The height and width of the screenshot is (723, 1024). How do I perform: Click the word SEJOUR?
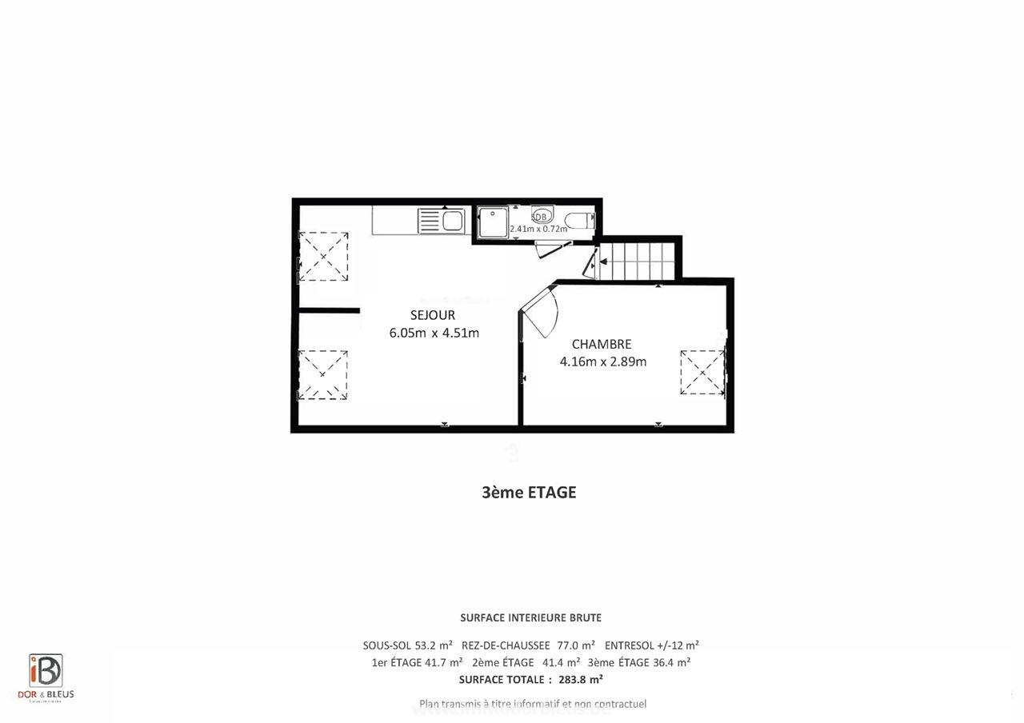tap(432, 315)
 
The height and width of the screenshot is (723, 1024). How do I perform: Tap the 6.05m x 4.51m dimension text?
tap(434, 333)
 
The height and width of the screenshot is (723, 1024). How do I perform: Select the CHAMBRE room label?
tap(601, 344)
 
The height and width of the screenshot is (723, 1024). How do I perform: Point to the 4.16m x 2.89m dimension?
tap(602, 361)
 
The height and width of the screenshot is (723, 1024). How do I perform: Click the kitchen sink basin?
tap(453, 220)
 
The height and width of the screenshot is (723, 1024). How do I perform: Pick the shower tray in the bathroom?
tap(493, 222)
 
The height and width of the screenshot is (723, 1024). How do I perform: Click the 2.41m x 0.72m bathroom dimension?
tap(538, 229)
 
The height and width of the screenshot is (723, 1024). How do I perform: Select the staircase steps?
tap(638, 260)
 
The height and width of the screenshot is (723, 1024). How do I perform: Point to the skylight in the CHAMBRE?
tap(702, 372)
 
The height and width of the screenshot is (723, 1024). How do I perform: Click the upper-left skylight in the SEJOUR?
tap(322, 256)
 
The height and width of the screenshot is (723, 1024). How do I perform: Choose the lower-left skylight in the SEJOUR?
tap(322, 373)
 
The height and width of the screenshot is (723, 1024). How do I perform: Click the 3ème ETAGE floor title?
tap(528, 493)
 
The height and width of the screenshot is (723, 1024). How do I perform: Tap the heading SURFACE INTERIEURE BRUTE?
tap(530, 617)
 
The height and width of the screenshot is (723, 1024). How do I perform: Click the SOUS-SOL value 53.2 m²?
tap(434, 645)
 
